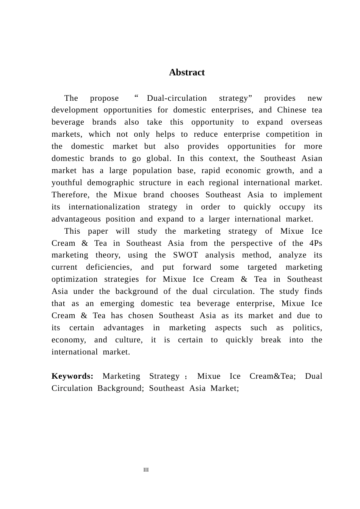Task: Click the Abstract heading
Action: pyautogui.click(x=186, y=72)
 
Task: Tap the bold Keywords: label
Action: pyautogui.click(x=72, y=376)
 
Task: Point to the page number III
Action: pyautogui.click(x=146, y=470)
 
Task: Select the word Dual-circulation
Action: pyautogui.click(x=177, y=98)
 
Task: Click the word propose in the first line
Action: pyautogui.click(x=104, y=98)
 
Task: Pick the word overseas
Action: pyautogui.click(x=306, y=122)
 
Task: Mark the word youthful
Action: pyautogui.click(x=66, y=183)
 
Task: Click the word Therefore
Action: pyautogui.click(x=70, y=195)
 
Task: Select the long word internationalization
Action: pyautogui.click(x=104, y=207)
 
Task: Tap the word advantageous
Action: pyautogui.click(x=76, y=219)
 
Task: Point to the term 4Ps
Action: pyautogui.click(x=316, y=243)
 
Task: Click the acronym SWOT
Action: pyautogui.click(x=185, y=255)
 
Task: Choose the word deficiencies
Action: pyautogui.click(x=109, y=267)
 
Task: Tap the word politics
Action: pyautogui.click(x=307, y=328)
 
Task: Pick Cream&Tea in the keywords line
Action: pyautogui.click(x=272, y=376)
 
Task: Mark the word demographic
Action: pyautogui.click(x=111, y=183)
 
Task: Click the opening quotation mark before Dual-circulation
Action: pyautogui.click(x=136, y=96)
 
